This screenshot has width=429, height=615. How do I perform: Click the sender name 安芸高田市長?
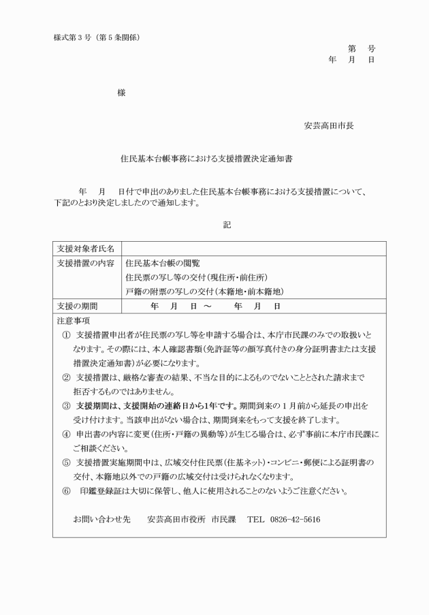click(x=328, y=126)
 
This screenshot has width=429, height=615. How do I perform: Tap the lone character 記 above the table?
click(x=227, y=225)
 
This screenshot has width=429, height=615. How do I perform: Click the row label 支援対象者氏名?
click(x=86, y=248)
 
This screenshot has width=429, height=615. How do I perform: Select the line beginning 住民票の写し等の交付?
click(x=197, y=277)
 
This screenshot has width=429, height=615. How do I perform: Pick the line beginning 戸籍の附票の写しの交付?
click(x=205, y=292)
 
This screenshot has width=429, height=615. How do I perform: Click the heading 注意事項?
click(x=74, y=320)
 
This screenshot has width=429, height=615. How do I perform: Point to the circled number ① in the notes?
click(x=66, y=336)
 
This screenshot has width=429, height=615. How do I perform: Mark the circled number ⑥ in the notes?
click(x=66, y=491)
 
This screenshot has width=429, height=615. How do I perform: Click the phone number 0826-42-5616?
click(x=294, y=520)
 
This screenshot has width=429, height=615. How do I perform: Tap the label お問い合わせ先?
click(x=101, y=520)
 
